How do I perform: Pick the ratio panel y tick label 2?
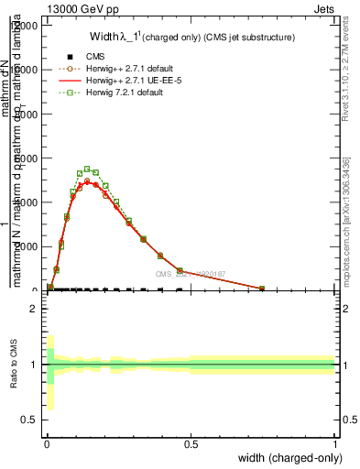(x=33, y=309)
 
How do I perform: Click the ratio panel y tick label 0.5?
(x=29, y=420)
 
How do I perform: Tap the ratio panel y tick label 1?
(x=33, y=365)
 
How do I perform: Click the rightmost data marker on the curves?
(x=262, y=289)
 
